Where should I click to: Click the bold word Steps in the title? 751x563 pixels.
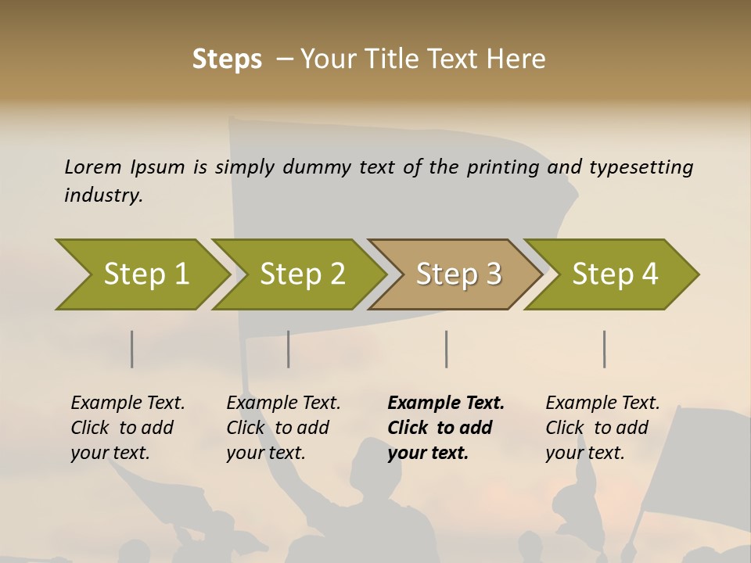click(x=227, y=59)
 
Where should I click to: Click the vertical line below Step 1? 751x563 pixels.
click(x=132, y=349)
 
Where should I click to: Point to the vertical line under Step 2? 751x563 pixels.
click(x=289, y=349)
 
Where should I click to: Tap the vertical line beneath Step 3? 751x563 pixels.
click(x=447, y=349)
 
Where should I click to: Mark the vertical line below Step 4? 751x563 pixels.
click(x=605, y=349)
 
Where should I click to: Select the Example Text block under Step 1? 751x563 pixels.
click(x=128, y=428)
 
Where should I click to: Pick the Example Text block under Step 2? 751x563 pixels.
click(x=283, y=428)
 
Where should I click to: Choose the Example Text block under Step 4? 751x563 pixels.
click(x=602, y=428)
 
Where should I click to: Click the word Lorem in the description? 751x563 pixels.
click(x=93, y=167)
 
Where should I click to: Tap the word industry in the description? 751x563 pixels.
click(x=103, y=195)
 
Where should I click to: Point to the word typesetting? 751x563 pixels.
click(x=641, y=167)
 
